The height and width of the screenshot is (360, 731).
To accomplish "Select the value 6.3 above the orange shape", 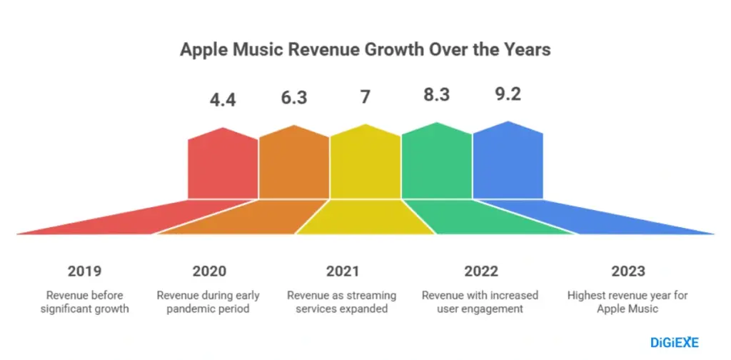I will pyautogui.click(x=293, y=97).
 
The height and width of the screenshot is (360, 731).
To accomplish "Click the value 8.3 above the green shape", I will pyautogui.click(x=436, y=94).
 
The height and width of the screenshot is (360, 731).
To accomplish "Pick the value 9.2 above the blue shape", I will pyautogui.click(x=508, y=94).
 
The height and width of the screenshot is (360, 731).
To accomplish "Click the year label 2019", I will pyautogui.click(x=84, y=271).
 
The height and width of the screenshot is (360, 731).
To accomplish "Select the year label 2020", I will pyautogui.click(x=209, y=271).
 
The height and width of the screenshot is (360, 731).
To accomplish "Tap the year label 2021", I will pyautogui.click(x=343, y=271).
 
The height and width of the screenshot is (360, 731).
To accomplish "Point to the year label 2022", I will pyautogui.click(x=481, y=271).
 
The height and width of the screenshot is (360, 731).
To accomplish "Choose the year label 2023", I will pyautogui.click(x=628, y=271).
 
